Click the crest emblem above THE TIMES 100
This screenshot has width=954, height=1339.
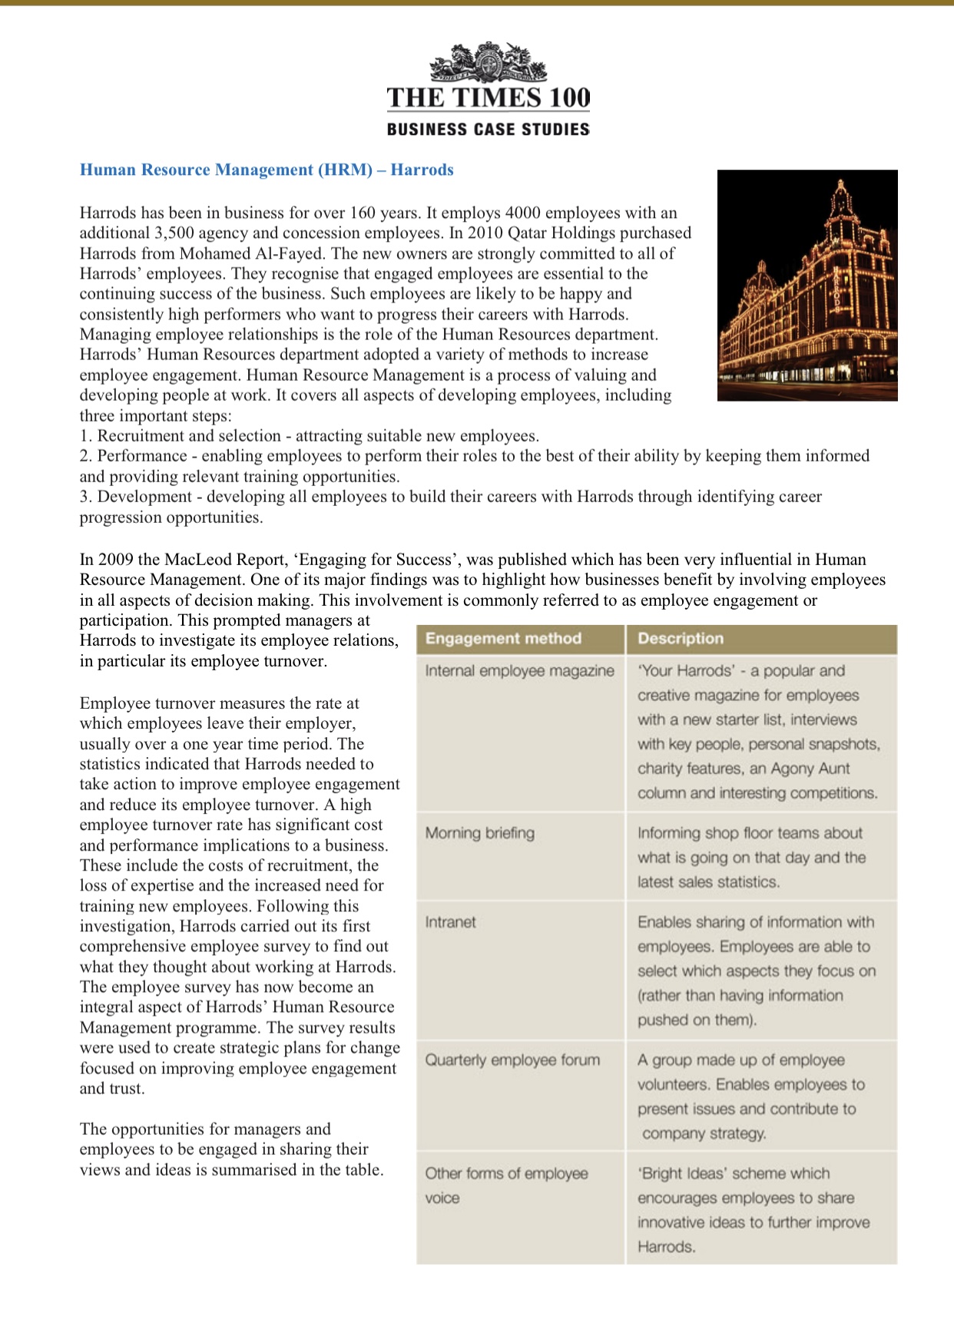[489, 64]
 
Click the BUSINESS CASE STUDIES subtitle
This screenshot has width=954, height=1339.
[489, 129]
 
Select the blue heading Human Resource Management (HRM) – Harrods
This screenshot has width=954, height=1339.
[267, 170]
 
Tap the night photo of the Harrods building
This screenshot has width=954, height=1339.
[807, 285]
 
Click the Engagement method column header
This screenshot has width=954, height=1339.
[503, 638]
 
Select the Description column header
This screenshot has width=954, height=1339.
[681, 638]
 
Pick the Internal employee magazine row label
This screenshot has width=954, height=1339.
[519, 670]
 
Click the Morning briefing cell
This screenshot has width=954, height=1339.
[480, 833]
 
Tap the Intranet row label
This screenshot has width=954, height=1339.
[450, 922]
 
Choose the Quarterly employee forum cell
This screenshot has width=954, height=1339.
[512, 1060]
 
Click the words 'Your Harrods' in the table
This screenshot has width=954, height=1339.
[685, 670]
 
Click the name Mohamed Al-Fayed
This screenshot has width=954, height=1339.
[250, 253]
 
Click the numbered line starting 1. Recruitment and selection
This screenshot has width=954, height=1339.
[309, 435]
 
